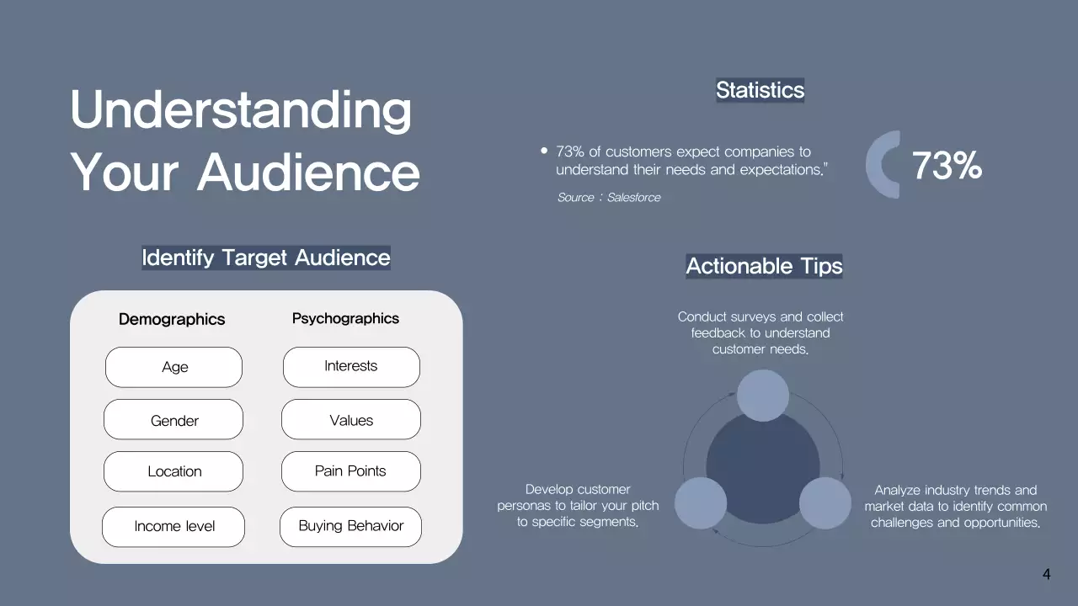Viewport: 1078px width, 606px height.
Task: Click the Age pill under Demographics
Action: [x=173, y=367]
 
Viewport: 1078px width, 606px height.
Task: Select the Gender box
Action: [x=173, y=420]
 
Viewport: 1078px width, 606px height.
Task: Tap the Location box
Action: [x=173, y=471]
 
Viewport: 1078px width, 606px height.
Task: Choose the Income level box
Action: [x=173, y=526]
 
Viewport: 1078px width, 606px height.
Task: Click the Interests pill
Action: [x=351, y=366]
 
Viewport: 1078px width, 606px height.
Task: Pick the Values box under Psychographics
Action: [x=351, y=420]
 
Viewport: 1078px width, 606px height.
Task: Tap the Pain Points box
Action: [x=351, y=471]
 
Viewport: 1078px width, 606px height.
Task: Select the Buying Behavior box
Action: [x=351, y=526]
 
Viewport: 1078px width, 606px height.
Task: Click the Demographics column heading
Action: [x=172, y=319]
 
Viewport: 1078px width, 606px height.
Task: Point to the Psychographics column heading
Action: [x=345, y=318]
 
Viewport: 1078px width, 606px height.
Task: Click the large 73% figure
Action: [x=947, y=166]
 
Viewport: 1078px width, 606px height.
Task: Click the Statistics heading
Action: [x=760, y=90]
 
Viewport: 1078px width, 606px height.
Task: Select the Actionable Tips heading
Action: [x=764, y=266]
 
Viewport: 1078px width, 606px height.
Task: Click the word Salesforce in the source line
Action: [x=633, y=197]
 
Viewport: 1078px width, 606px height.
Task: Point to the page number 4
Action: [x=1046, y=575]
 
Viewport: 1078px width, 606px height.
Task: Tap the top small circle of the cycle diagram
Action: [x=763, y=396]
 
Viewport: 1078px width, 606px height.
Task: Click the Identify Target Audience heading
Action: [x=266, y=258]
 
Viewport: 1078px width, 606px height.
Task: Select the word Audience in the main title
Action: [x=308, y=172]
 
